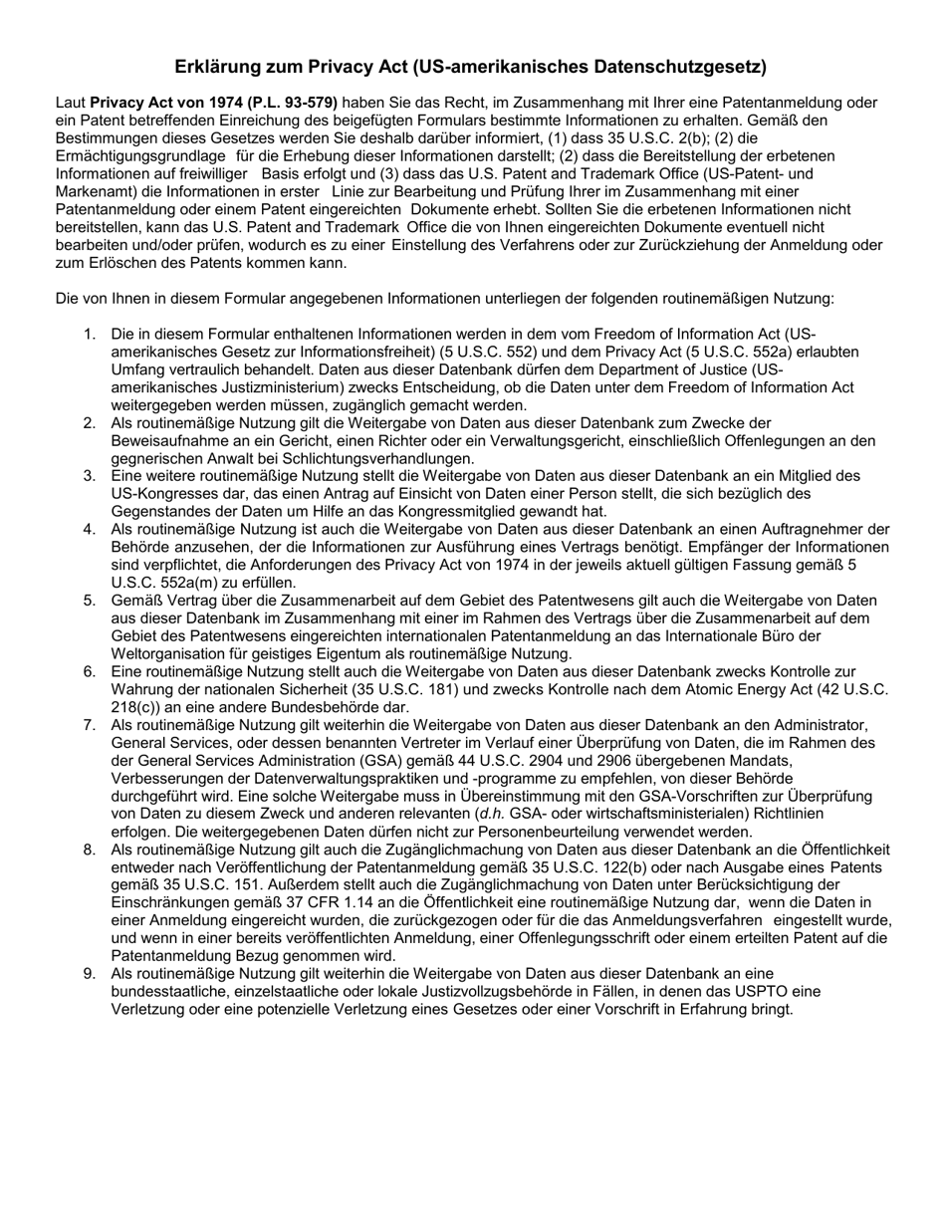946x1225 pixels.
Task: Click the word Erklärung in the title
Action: tap(219, 68)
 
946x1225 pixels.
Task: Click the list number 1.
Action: tap(90, 335)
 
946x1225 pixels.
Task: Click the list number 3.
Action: tap(90, 477)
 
